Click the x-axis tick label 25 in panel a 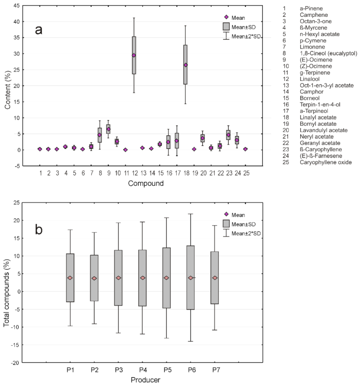(x=245, y=173)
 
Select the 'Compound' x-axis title (x=146, y=183)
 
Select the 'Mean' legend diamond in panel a (x=226, y=17)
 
